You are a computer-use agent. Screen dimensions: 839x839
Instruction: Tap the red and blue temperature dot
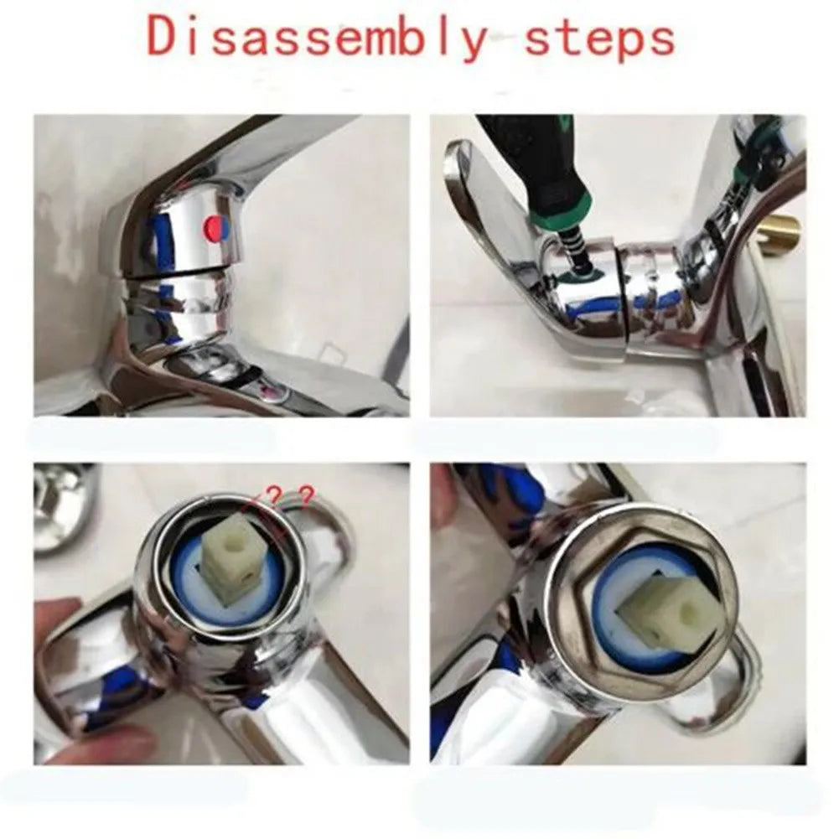click(x=216, y=226)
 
